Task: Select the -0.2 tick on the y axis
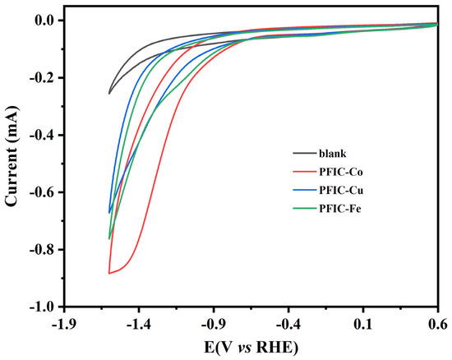(x=39, y=77)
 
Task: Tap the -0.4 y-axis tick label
(x=39, y=135)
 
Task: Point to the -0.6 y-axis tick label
(x=39, y=192)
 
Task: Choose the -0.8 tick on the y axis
(x=39, y=249)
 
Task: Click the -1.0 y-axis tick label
(x=39, y=307)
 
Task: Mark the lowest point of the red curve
(x=109, y=273)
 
